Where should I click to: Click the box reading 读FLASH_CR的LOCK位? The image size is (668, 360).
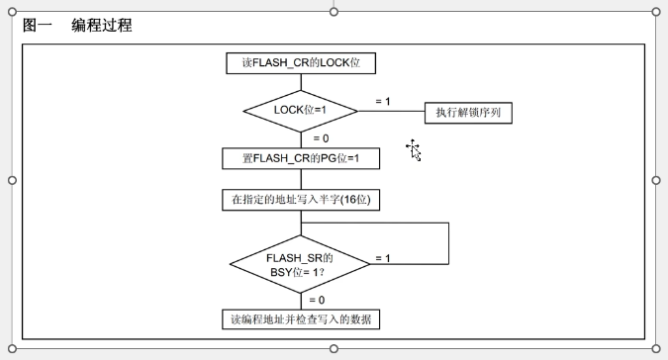tap(301, 63)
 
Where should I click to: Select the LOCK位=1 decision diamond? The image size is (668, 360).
tap(300, 111)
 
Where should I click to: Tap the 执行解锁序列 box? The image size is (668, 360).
tap(468, 113)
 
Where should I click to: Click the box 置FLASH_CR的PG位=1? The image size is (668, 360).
tap(301, 158)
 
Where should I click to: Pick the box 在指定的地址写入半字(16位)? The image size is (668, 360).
tap(301, 200)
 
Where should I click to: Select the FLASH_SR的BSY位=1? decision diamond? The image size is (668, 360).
tap(300, 264)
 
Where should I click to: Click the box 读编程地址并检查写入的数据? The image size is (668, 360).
tap(301, 319)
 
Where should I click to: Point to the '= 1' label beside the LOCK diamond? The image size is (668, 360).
tap(383, 101)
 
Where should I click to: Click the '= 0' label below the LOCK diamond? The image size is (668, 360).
tap(321, 138)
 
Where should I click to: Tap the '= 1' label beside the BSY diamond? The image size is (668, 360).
tap(383, 258)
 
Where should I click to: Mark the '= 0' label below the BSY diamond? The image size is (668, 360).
tap(317, 300)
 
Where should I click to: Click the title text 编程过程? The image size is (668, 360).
tap(101, 25)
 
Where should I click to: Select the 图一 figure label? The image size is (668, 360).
tap(37, 25)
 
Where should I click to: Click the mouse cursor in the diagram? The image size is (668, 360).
tap(414, 150)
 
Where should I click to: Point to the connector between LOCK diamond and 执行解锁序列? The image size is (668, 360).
tap(392, 111)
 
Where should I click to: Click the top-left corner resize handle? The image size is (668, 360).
tap(12, 12)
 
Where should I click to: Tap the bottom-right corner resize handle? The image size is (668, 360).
tap(656, 349)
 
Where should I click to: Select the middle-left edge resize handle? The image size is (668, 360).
tap(12, 180)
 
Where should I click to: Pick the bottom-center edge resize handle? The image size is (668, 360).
tap(334, 349)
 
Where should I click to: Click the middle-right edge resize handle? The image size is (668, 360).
tap(656, 180)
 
